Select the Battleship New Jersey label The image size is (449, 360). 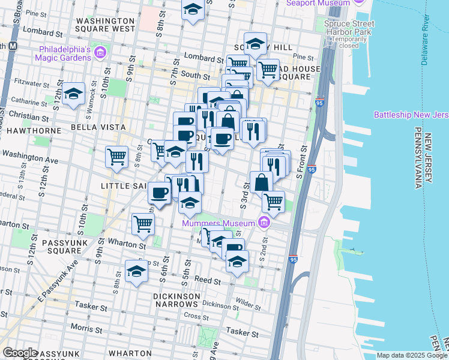[x=411, y=115]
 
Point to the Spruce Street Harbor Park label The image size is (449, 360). [x=349, y=29]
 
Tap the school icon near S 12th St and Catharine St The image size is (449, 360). [x=73, y=94]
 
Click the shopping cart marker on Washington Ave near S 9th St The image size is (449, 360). [x=116, y=157]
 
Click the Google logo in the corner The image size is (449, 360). [x=20, y=353]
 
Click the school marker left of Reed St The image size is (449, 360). [x=136, y=271]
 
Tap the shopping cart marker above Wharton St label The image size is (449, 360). [x=143, y=224]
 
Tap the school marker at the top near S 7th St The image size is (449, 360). [x=193, y=10]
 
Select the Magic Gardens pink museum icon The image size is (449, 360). [x=100, y=53]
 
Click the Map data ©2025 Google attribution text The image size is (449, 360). [x=411, y=355]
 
